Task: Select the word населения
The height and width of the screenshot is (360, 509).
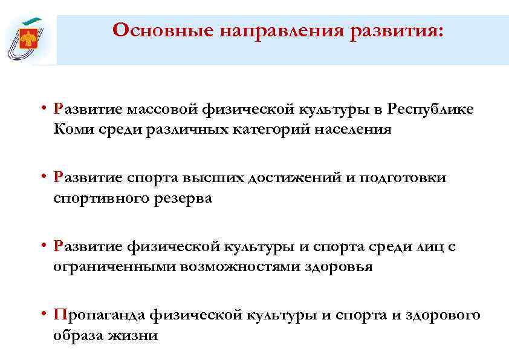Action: point(349,129)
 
